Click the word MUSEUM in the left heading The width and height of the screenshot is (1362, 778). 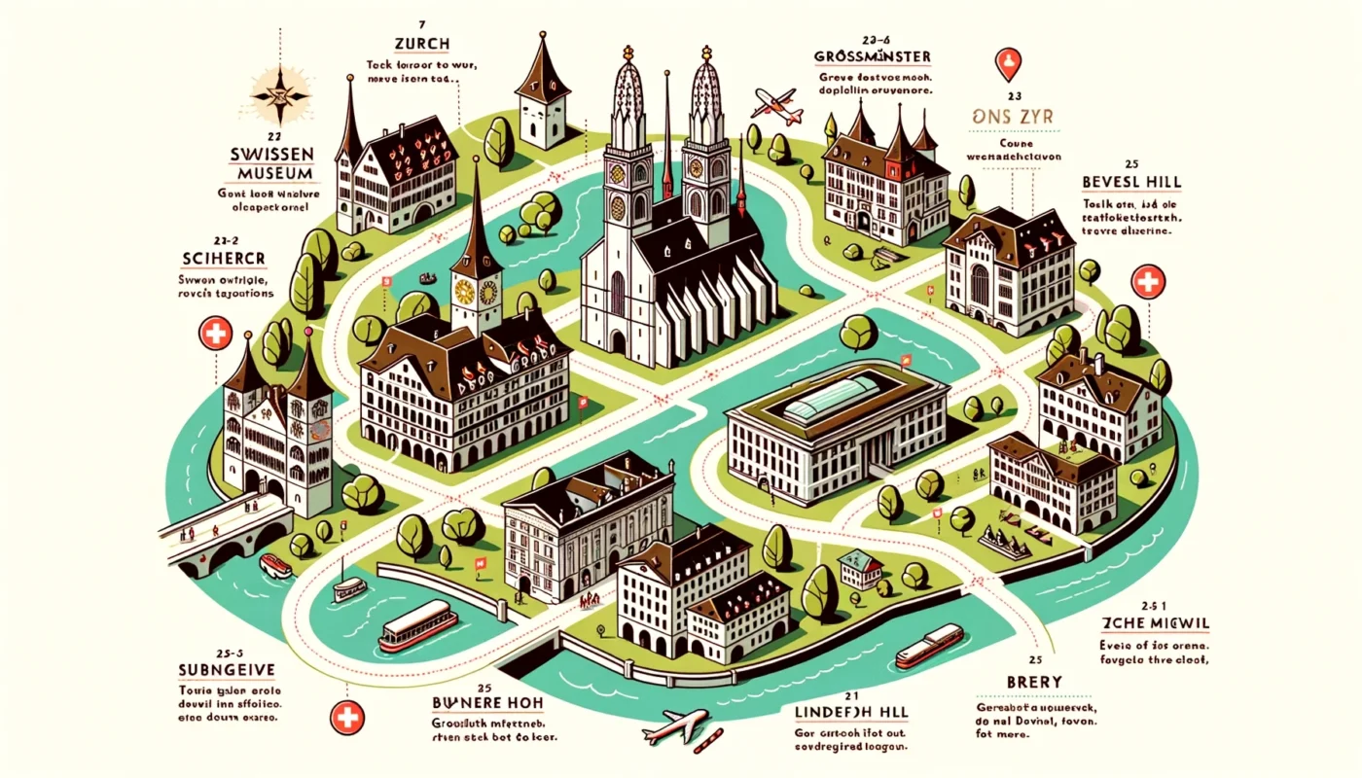point(277,174)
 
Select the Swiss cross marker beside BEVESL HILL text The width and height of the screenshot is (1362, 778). point(1149,283)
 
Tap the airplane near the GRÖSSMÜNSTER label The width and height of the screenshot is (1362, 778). point(777,104)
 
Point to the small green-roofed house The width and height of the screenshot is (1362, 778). point(860,568)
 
